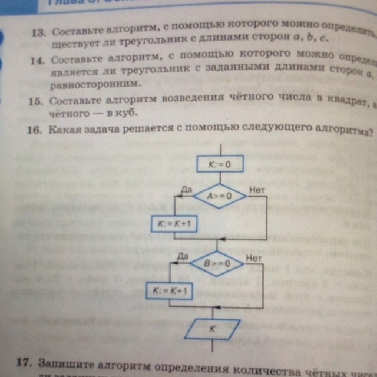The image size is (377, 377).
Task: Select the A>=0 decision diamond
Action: pyautogui.click(x=219, y=195)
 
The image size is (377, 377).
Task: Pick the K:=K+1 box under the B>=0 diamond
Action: pyautogui.click(x=169, y=291)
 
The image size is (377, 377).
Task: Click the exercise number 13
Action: pyautogui.click(x=39, y=32)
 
